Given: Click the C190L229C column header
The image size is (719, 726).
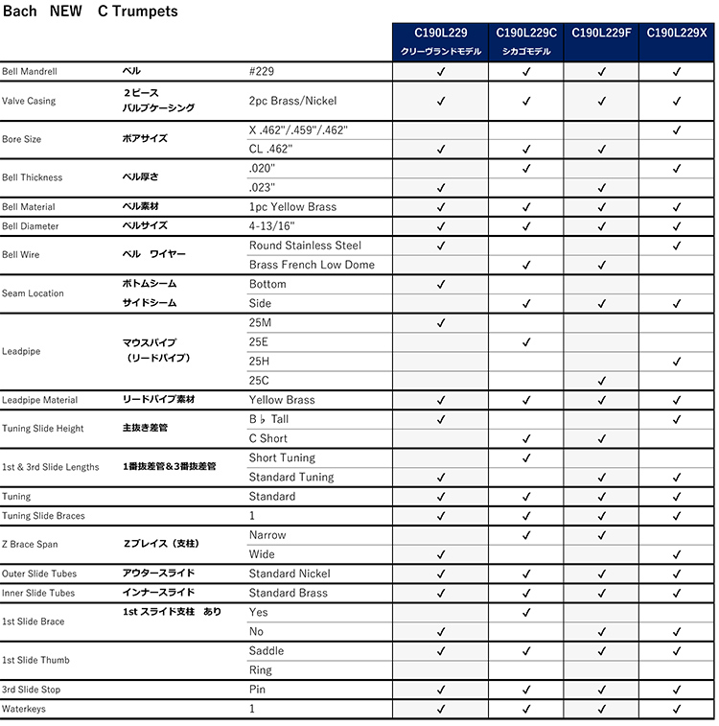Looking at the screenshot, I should (526, 33).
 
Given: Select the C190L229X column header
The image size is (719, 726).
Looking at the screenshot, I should (677, 33).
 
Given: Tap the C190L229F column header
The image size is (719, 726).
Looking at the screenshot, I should (601, 33).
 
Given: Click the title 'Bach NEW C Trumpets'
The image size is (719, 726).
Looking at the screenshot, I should (90, 12).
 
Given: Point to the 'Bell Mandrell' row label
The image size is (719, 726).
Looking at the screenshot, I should (30, 72).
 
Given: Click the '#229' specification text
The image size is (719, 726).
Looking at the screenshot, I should (264, 72).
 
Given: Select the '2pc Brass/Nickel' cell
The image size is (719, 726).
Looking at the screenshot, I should (292, 101).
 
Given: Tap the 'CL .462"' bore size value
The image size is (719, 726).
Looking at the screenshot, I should (270, 149).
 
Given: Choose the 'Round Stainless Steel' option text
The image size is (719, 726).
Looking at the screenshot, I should (305, 246).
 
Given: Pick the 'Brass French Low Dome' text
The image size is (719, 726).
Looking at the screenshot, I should (312, 265).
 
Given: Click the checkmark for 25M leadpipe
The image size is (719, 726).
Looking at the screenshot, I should (441, 323).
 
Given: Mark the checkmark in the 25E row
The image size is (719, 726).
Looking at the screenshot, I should (526, 342).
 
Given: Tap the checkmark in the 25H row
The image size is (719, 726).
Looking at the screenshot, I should (677, 362).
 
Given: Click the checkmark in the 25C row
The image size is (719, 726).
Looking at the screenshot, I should (601, 381).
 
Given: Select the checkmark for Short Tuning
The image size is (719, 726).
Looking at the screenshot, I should (526, 458).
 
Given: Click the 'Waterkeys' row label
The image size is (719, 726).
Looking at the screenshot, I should (23, 709).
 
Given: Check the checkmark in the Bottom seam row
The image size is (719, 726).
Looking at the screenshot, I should (441, 284).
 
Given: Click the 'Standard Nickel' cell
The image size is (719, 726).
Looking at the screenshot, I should (290, 574).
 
